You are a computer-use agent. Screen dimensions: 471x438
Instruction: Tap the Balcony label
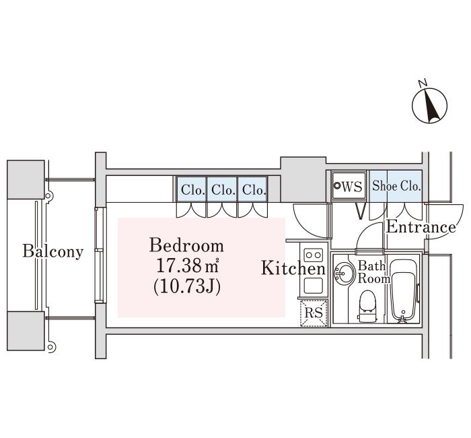coord(53,251)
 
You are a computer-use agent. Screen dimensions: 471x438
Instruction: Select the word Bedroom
coord(186,245)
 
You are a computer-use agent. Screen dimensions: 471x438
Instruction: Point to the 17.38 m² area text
coord(187,265)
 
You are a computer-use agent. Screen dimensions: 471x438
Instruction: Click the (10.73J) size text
coord(187,286)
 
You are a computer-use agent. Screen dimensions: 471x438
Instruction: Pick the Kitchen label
coord(293,268)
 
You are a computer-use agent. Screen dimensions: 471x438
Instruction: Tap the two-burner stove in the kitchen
coord(314,255)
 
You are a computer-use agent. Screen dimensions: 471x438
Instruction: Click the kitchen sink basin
coord(314,286)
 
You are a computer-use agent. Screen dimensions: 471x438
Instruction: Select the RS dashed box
coord(314,313)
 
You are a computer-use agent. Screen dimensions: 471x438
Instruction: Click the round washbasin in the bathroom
coord(343,273)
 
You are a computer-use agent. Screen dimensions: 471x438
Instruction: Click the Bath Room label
coord(373,272)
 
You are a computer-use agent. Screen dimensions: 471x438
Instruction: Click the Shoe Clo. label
coord(396,186)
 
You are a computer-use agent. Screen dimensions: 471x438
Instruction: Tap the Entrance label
coord(421,227)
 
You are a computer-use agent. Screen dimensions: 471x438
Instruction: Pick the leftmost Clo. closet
coord(191,189)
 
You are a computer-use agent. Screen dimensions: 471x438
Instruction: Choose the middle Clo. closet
coord(222,189)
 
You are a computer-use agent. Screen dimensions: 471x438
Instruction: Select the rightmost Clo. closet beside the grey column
coord(252,189)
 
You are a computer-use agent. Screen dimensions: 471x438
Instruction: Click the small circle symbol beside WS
coord(337,186)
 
